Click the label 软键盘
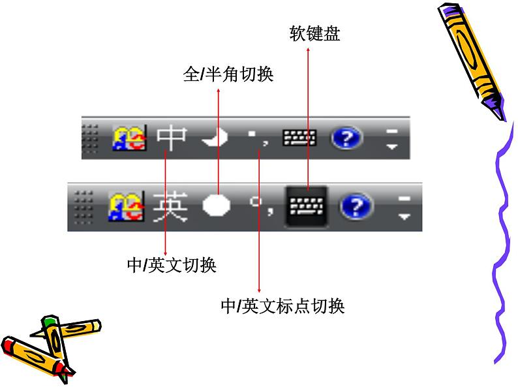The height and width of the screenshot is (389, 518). click(315, 35)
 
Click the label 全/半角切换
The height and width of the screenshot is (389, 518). click(228, 75)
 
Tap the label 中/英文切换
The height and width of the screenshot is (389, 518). click(172, 266)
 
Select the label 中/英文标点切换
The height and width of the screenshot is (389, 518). click(282, 305)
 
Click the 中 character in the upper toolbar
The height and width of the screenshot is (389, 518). click(172, 138)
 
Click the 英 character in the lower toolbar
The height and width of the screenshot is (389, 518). click(170, 207)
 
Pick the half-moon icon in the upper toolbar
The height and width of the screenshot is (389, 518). click(216, 138)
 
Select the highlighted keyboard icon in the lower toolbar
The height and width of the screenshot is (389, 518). click(307, 206)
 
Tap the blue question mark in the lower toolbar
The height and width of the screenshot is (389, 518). click(356, 208)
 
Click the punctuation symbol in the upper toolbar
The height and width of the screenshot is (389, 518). click(256, 138)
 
